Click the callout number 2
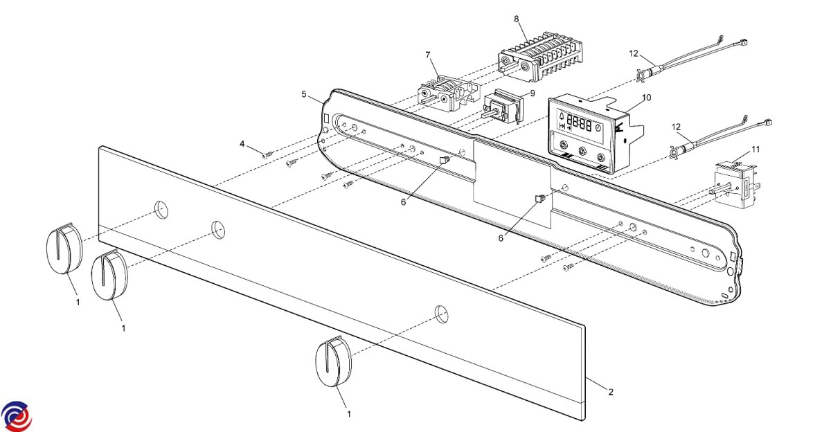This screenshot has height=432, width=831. [x=610, y=393]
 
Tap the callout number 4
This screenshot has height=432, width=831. [x=242, y=144]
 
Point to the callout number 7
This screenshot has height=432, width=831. [x=428, y=54]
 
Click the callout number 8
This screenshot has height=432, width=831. [x=517, y=19]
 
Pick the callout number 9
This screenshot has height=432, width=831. [x=533, y=93]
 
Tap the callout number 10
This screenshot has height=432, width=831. [x=646, y=98]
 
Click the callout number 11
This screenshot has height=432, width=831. [x=756, y=149]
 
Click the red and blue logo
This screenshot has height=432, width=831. [x=16, y=415]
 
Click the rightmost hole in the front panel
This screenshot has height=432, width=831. [x=441, y=314]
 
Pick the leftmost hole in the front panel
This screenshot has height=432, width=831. [x=161, y=210]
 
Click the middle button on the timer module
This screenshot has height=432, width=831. [x=582, y=151]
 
